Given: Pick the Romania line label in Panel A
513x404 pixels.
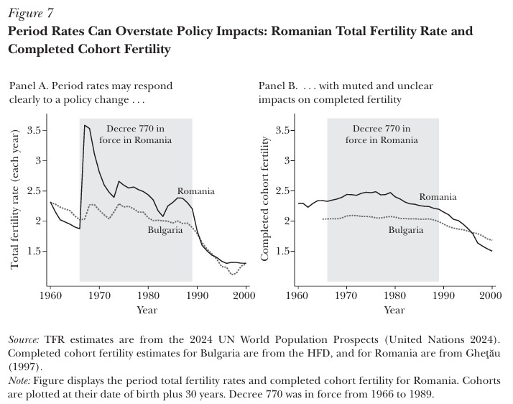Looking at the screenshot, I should (x=196, y=191).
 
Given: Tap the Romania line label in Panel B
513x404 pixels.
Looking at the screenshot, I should (x=438, y=196).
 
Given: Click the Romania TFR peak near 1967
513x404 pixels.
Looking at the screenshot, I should (x=85, y=126).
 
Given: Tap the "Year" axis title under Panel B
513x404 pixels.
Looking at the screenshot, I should (x=394, y=310).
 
